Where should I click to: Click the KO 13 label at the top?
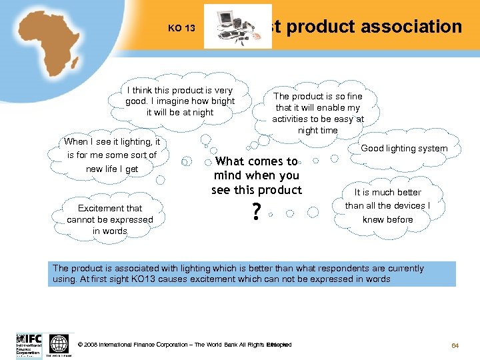tap(181, 29)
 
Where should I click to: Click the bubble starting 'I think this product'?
tap(180, 101)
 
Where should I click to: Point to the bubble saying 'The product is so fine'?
tap(318, 113)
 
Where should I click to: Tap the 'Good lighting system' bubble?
tap(404, 148)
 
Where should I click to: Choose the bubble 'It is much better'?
tap(387, 205)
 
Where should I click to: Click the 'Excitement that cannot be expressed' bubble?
tap(110, 219)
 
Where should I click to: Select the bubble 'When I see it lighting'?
tap(112, 155)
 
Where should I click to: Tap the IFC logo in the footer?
tap(29, 344)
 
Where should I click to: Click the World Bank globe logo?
tap(59, 344)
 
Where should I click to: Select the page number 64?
tap(456, 345)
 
